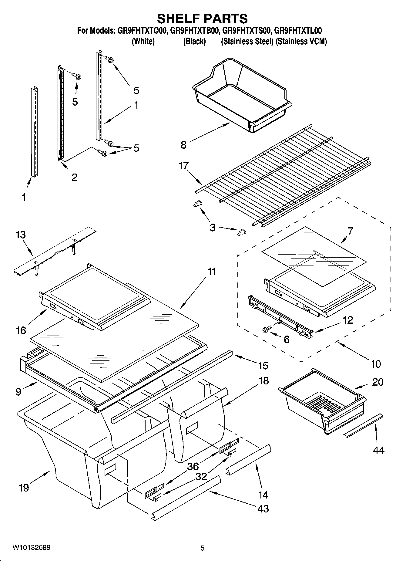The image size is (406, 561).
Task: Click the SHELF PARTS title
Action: [202, 19]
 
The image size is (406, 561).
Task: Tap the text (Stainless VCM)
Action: [301, 41]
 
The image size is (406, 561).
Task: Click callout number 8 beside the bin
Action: [183, 145]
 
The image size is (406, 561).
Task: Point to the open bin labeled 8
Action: [243, 97]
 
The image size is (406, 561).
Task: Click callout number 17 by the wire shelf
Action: [184, 166]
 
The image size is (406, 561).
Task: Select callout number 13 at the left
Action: [21, 235]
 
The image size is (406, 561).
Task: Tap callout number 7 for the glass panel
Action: [350, 231]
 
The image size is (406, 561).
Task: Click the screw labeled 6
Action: [266, 329]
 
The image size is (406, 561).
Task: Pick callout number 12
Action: [348, 320]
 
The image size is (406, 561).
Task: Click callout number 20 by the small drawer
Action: [377, 382]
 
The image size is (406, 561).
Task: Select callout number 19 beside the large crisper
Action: [24, 488]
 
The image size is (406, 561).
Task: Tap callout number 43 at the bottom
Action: [263, 508]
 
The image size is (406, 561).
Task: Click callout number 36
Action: [193, 466]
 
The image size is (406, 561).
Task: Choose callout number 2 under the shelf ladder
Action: [74, 177]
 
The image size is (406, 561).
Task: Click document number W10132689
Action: [32, 548]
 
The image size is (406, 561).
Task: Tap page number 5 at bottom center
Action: [203, 548]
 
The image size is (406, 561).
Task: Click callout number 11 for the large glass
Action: [212, 271]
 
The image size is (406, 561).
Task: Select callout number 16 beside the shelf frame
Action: [21, 330]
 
